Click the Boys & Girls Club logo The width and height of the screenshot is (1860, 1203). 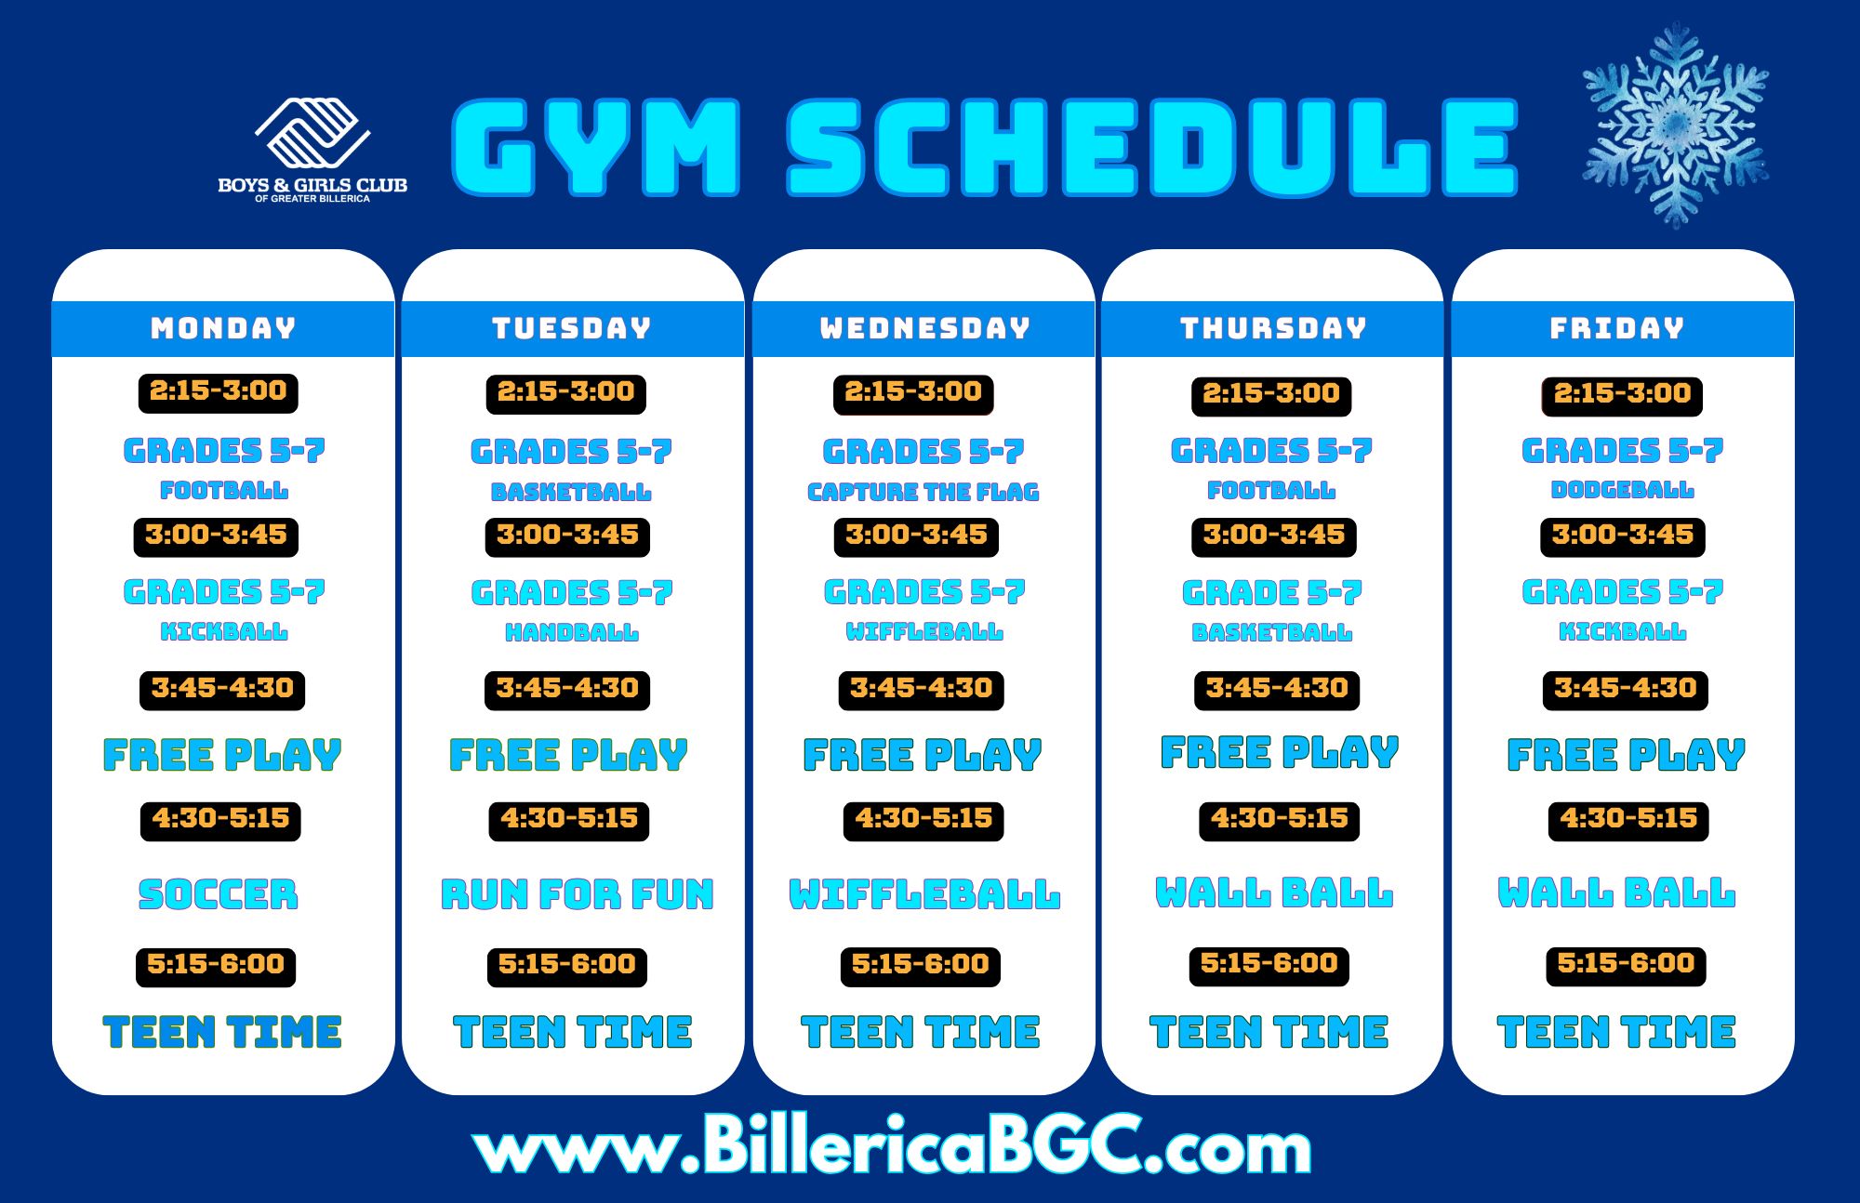coord(312,149)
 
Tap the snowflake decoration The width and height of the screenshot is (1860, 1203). coord(1675,125)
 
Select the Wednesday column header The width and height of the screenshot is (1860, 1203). coord(924,328)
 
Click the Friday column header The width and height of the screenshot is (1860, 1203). coord(1617,328)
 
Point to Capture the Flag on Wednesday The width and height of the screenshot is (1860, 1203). coord(923,492)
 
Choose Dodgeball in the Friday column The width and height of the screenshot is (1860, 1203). coord(1622,490)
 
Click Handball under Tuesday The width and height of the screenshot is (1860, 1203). coord(571,633)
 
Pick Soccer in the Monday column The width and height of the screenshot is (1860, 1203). coord(219,894)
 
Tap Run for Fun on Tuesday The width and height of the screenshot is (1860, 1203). coord(577,894)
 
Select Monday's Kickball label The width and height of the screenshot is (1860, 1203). coord(224,632)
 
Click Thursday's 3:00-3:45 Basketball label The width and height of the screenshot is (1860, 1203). coord(1271,633)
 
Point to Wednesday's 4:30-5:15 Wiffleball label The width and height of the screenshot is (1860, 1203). coord(924,894)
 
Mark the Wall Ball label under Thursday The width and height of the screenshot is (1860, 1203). coord(1274,892)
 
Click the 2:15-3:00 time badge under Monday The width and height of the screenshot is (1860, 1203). coord(219,391)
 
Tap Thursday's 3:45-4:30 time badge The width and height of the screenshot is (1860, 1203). coord(1277,689)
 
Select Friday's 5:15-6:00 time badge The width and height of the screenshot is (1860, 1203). coord(1626,964)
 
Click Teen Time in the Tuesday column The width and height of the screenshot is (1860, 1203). coord(573,1032)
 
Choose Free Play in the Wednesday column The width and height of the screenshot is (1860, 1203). coord(923,755)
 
